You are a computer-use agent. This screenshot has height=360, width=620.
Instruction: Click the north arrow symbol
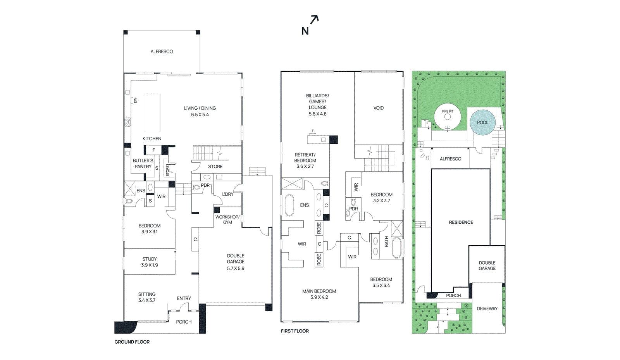[314, 19]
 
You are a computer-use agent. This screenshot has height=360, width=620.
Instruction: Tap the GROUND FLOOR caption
[132, 342]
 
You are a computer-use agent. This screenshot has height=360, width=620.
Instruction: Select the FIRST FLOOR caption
[294, 331]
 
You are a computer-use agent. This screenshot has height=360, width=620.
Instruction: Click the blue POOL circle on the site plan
[482, 122]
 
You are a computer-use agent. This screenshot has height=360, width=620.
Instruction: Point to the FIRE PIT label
[448, 112]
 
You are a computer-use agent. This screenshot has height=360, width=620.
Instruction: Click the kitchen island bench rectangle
[152, 113]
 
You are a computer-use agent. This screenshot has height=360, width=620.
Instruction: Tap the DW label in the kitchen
[135, 100]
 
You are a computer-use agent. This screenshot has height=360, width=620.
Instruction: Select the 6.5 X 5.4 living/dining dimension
[200, 115]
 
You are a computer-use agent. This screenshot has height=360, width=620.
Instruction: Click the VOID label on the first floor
[379, 108]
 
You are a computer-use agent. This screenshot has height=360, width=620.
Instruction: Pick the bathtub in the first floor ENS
[289, 205]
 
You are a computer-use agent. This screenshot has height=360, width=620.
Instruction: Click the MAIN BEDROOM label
[319, 291]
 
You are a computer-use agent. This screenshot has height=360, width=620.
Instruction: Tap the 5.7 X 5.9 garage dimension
[236, 268]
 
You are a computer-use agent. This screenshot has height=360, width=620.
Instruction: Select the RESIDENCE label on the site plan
[461, 222]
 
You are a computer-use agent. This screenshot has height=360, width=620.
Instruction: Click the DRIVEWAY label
[487, 309]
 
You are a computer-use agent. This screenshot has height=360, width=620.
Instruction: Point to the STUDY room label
[149, 259]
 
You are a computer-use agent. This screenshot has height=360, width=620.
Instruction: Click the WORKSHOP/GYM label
[227, 220]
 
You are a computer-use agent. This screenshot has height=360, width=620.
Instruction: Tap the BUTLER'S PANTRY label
[143, 164]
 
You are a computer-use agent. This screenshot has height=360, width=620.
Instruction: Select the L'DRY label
[227, 194]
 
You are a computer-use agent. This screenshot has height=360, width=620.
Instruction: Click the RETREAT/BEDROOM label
[305, 158]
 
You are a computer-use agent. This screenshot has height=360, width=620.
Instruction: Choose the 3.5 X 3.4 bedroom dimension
[381, 286]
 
